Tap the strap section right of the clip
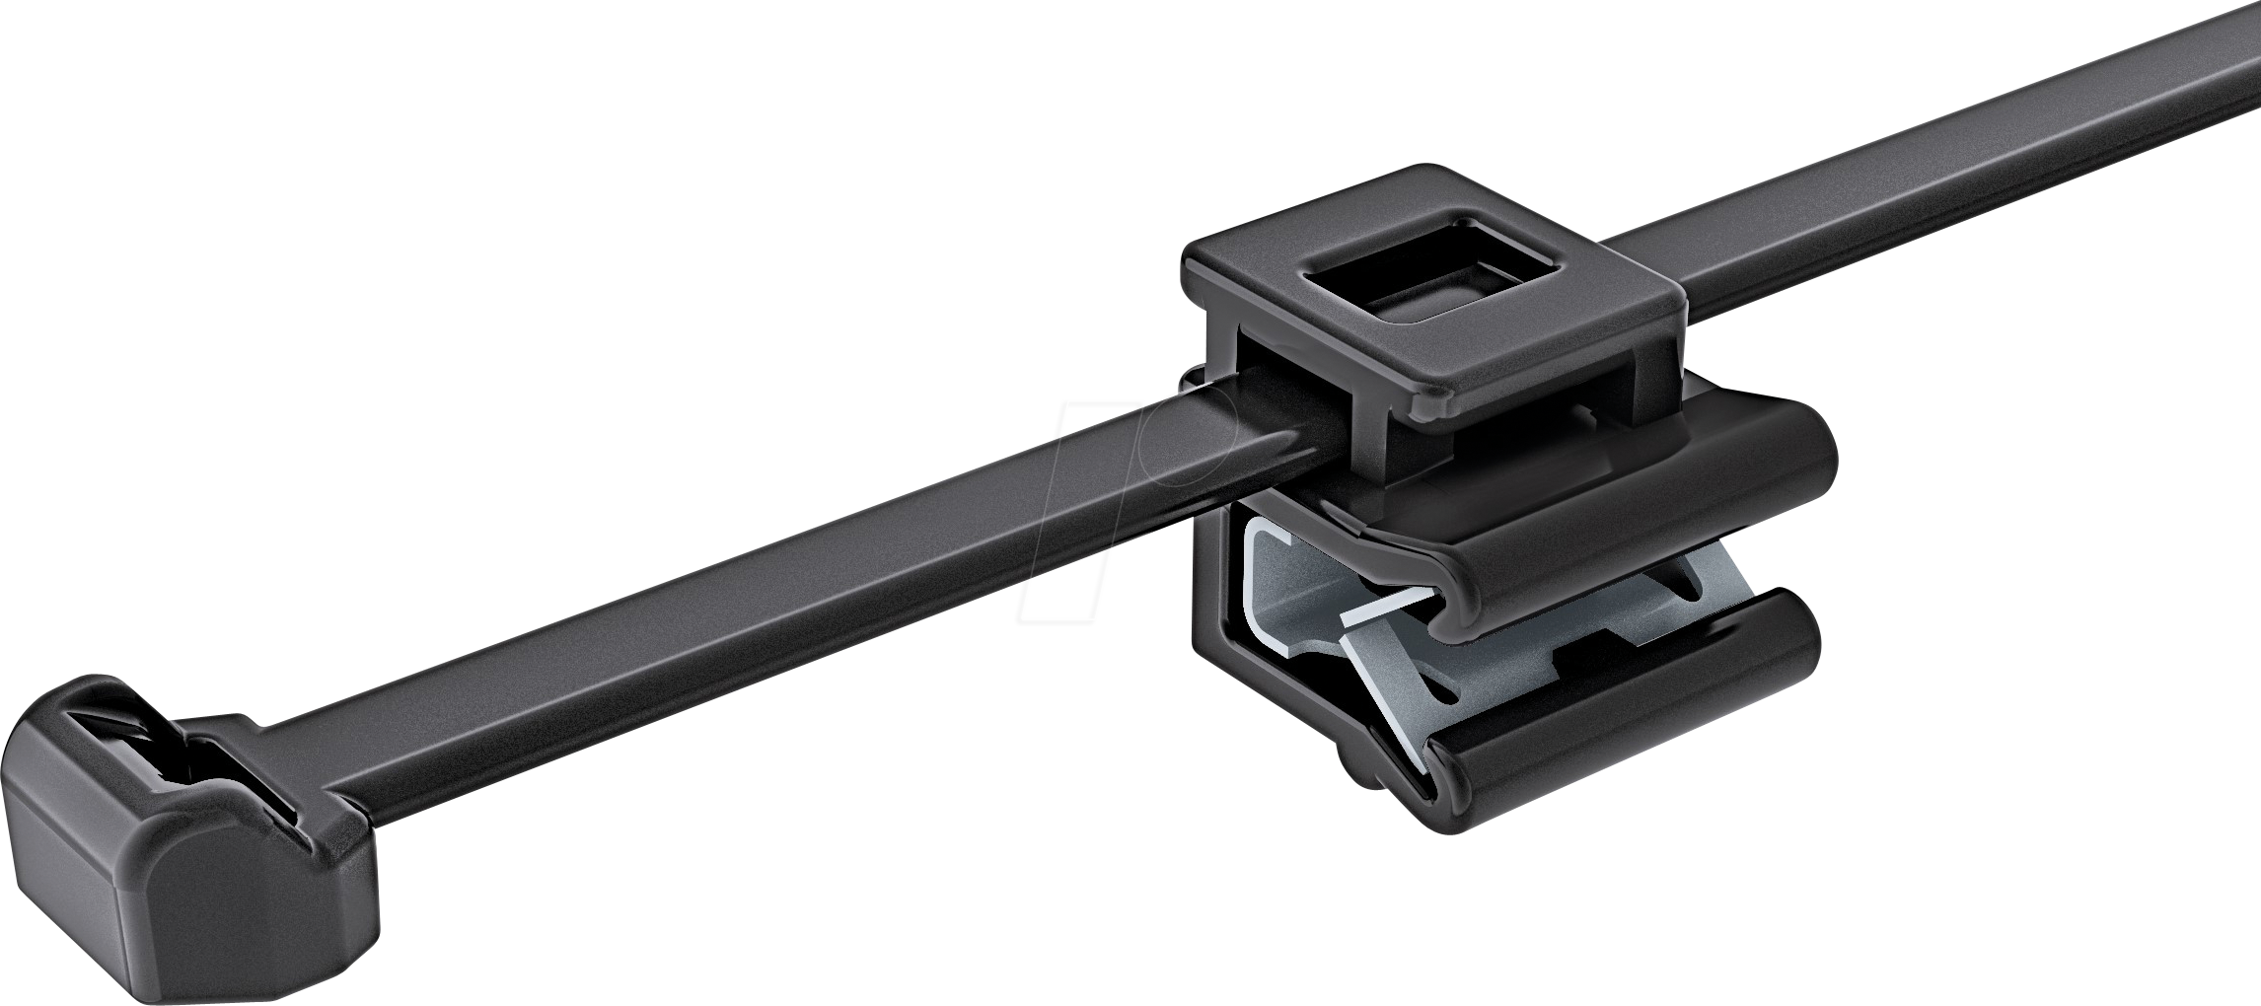pyautogui.click(x=1924, y=148)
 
